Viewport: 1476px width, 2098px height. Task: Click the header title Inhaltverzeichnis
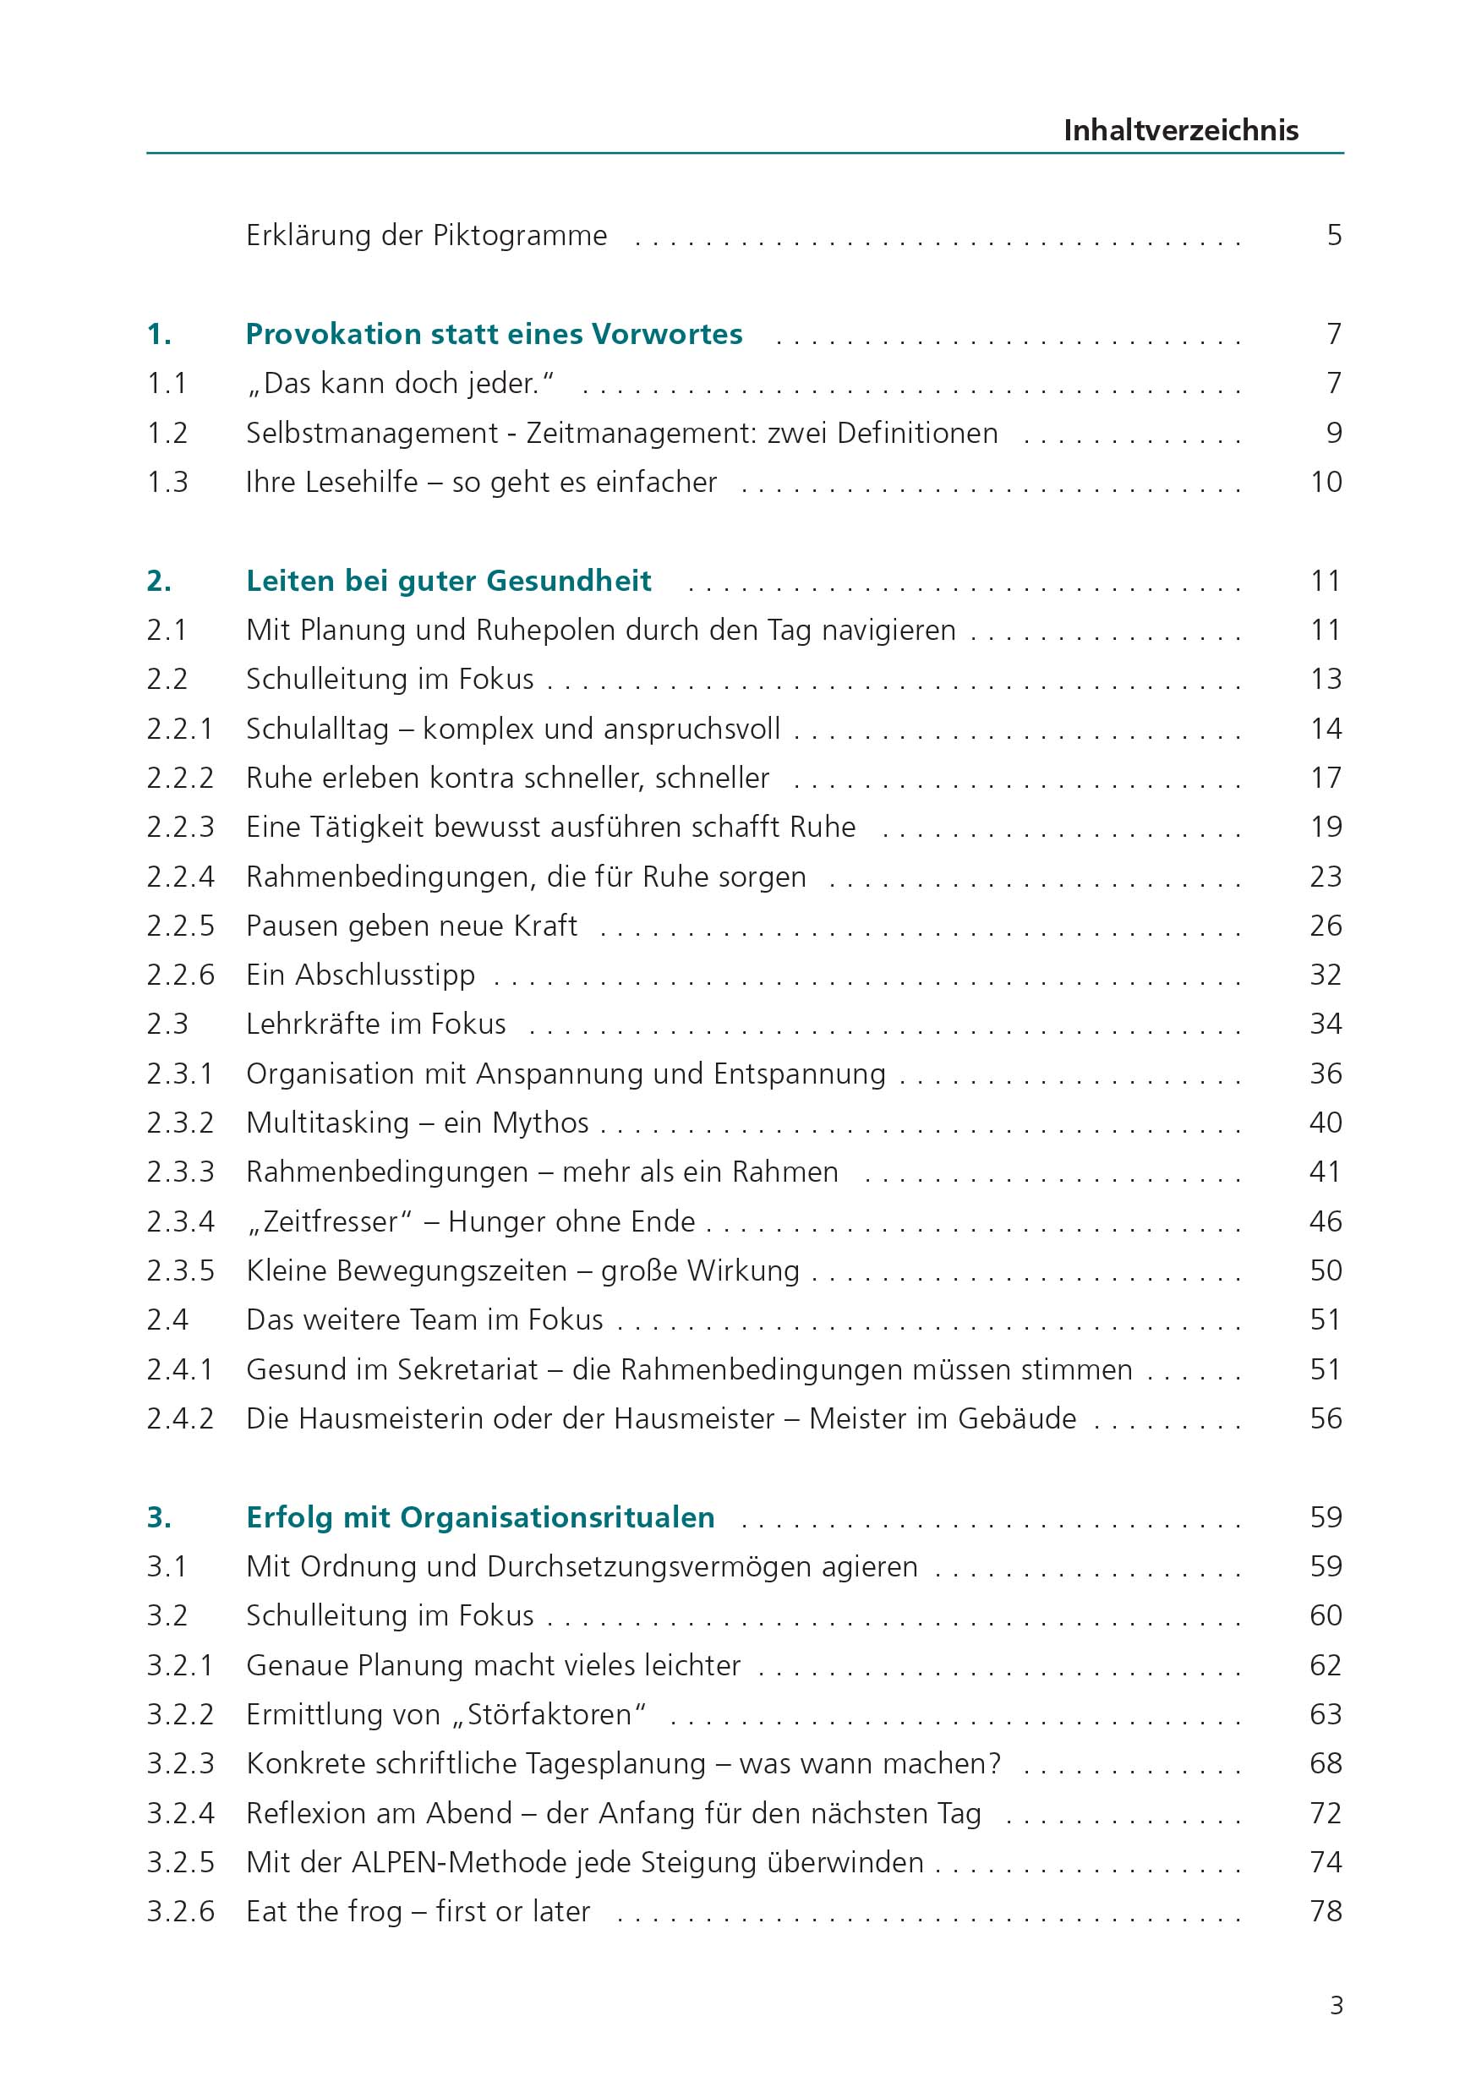pyautogui.click(x=1180, y=130)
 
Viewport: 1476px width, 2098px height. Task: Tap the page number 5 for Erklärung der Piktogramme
pyautogui.click(x=1333, y=235)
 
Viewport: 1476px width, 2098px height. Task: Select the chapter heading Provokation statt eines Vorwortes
pyautogui.click(x=494, y=334)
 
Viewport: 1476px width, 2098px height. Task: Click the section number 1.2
pyautogui.click(x=167, y=432)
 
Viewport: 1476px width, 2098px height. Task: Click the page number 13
pyautogui.click(x=1326, y=679)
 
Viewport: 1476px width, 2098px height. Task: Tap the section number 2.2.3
pyautogui.click(x=180, y=827)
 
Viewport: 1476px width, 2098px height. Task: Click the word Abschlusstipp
pyautogui.click(x=385, y=975)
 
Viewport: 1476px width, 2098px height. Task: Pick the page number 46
pyautogui.click(x=1326, y=1221)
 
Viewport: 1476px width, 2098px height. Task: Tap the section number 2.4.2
pyautogui.click(x=180, y=1418)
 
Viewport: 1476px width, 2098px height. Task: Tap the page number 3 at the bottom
pyautogui.click(x=1337, y=2006)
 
